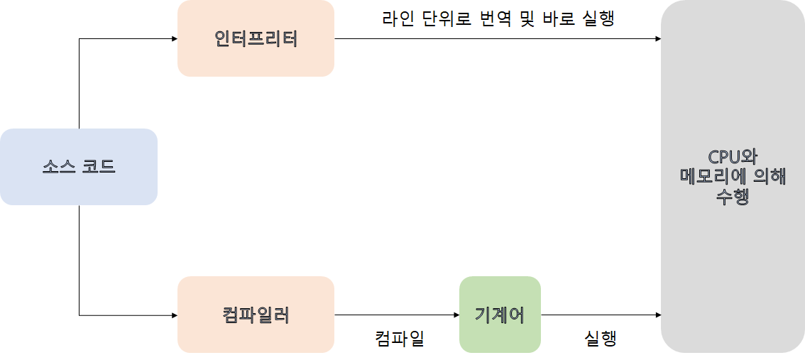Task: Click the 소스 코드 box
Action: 78,167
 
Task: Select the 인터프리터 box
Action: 256,38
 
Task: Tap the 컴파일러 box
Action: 256,315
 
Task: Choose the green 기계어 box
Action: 500,315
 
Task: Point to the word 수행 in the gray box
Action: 733,195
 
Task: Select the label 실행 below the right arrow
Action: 600,339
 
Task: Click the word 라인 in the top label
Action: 398,18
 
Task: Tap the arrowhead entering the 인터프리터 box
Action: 174,38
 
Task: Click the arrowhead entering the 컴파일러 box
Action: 174,315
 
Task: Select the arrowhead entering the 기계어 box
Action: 456,315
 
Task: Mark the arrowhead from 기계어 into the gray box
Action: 657,315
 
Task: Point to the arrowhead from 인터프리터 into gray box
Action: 657,38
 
